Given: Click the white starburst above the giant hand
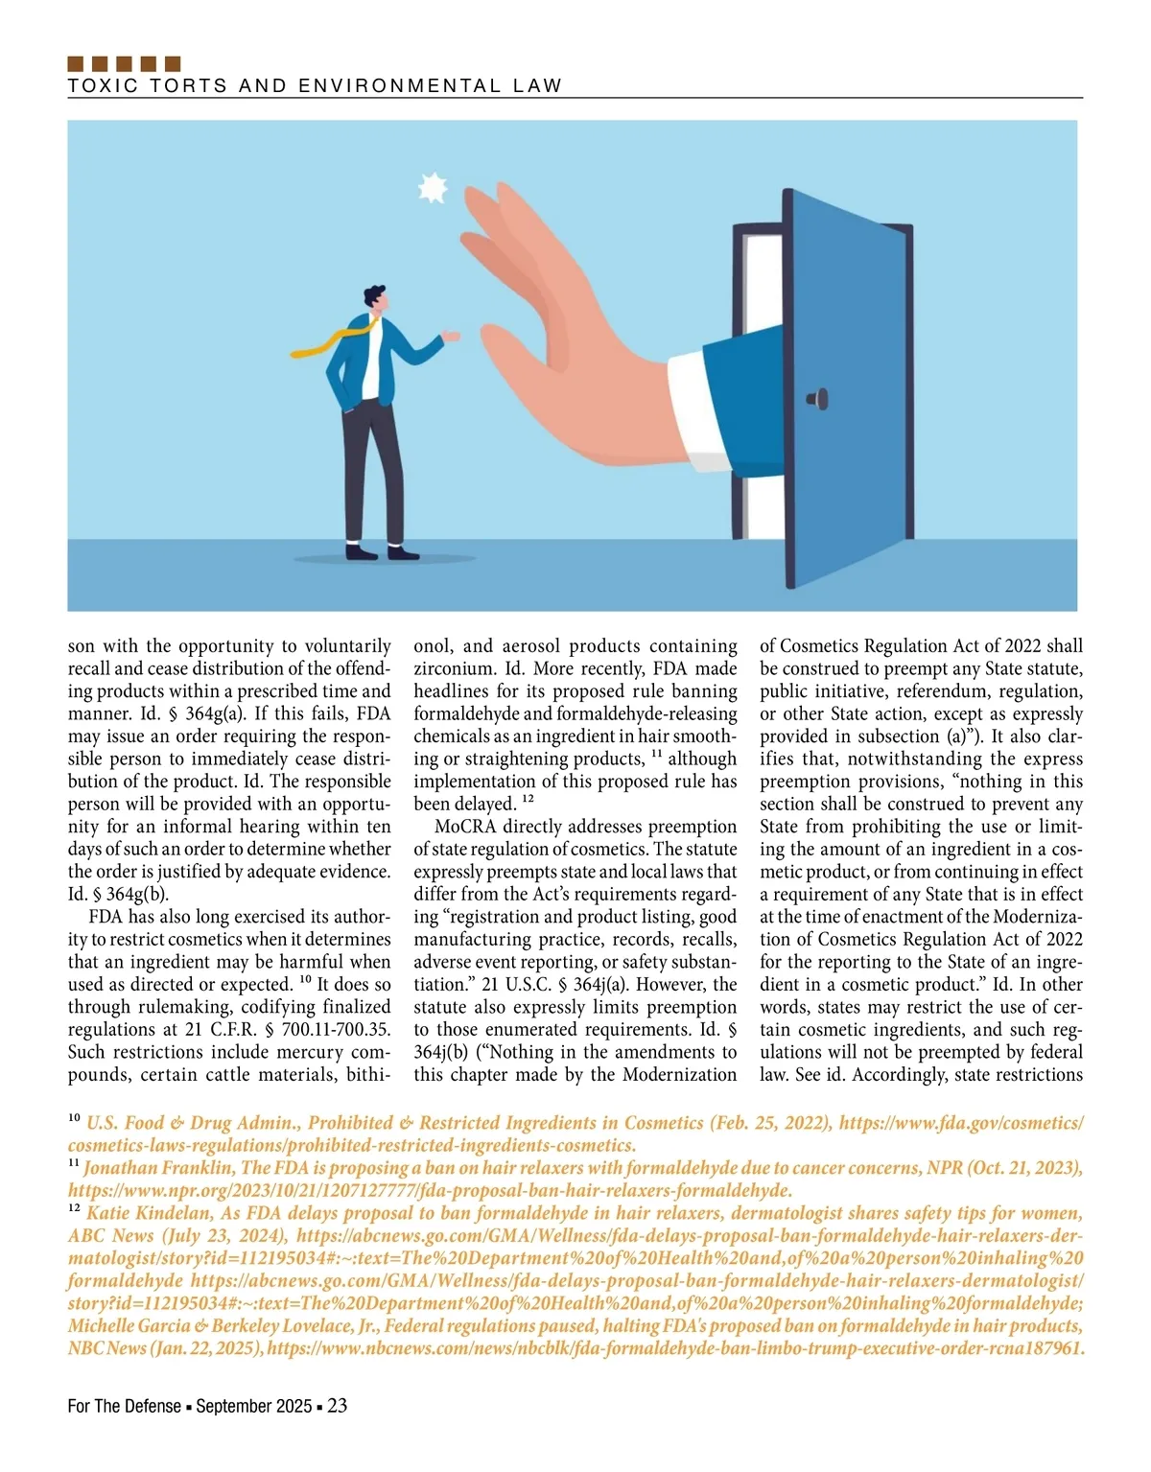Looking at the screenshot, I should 434,188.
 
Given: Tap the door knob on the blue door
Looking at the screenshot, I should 817,398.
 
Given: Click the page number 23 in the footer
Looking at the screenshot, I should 337,1406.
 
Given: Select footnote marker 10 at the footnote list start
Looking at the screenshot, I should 74,1119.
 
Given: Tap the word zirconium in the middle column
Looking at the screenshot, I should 452,668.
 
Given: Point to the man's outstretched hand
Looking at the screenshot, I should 451,336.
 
